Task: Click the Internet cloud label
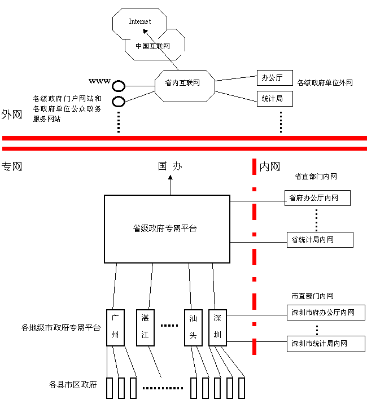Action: click(140, 21)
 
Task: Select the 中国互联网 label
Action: click(152, 46)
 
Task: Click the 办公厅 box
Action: click(272, 78)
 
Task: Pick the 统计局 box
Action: click(272, 99)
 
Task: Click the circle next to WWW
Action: click(118, 86)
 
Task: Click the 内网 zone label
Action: click(269, 167)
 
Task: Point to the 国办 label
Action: click(170, 166)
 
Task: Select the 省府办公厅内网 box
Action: click(317, 198)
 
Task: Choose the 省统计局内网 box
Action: click(320, 239)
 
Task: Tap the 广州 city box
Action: click(115, 326)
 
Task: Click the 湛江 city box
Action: click(145, 326)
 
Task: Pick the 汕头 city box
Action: click(193, 326)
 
